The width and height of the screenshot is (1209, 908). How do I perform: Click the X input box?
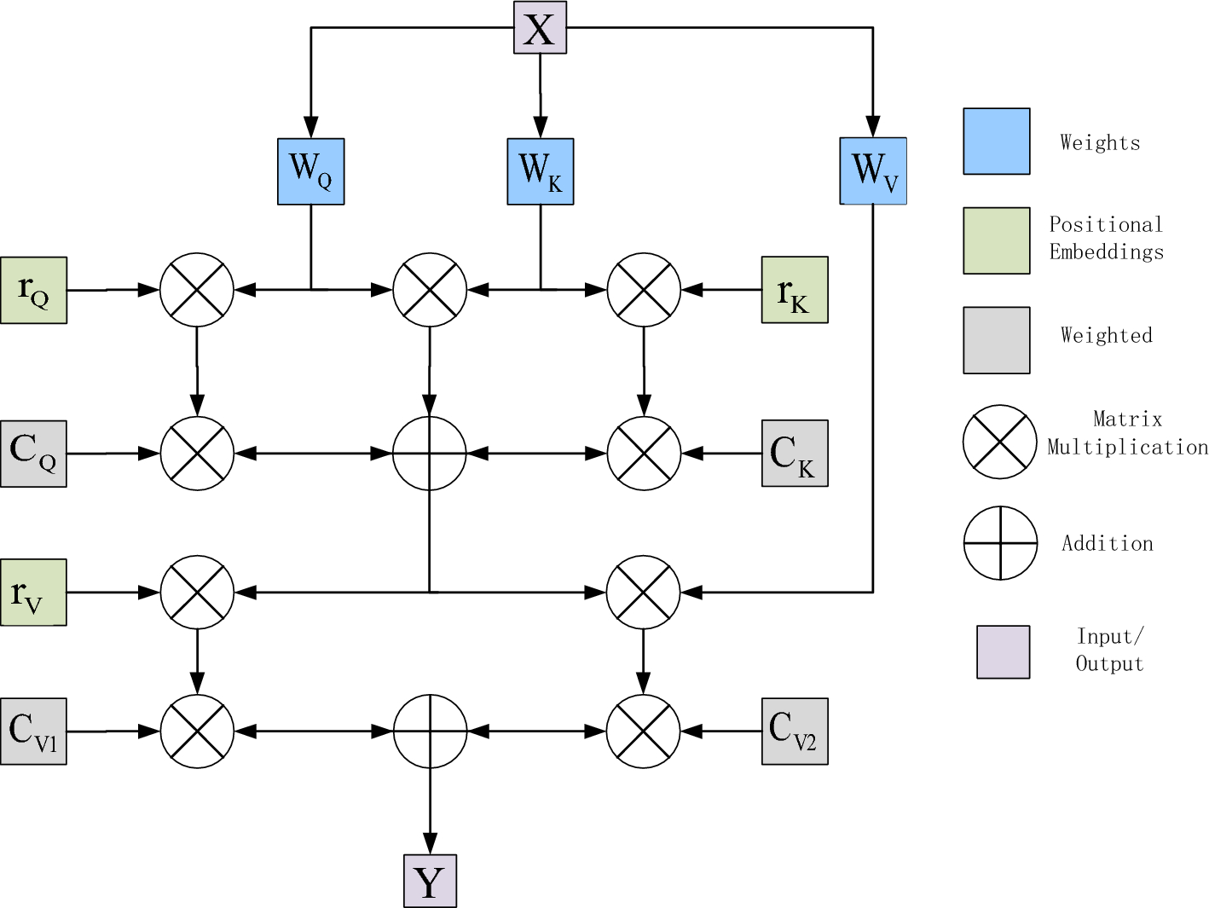click(540, 28)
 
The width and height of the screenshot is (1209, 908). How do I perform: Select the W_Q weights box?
click(310, 171)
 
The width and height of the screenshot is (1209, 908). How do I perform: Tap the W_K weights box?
click(540, 171)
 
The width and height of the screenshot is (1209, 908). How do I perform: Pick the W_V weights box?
click(873, 171)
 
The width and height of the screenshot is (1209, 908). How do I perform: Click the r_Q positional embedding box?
click(33, 290)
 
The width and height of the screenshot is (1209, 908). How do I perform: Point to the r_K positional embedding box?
click(794, 290)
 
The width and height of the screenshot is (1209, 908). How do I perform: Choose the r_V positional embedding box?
click(33, 593)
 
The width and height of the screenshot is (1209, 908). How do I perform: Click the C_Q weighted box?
click(33, 454)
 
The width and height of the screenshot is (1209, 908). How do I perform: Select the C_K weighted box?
click(794, 454)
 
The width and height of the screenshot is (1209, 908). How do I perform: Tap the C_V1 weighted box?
click(33, 732)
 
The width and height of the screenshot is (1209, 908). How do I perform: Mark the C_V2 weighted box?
click(794, 732)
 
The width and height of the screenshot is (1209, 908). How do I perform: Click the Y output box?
click(430, 881)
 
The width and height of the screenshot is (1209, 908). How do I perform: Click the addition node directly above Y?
click(430, 732)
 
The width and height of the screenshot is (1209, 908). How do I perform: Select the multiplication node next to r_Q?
click(197, 290)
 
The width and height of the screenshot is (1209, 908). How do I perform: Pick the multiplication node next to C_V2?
click(644, 732)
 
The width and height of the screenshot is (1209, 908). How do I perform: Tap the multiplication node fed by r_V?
click(197, 593)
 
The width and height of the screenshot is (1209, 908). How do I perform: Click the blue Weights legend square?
click(996, 142)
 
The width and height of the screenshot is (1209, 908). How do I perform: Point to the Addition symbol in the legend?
click(1000, 543)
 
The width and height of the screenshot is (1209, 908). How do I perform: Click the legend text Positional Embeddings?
click(1106, 239)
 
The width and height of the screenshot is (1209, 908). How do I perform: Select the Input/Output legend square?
click(1003, 652)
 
